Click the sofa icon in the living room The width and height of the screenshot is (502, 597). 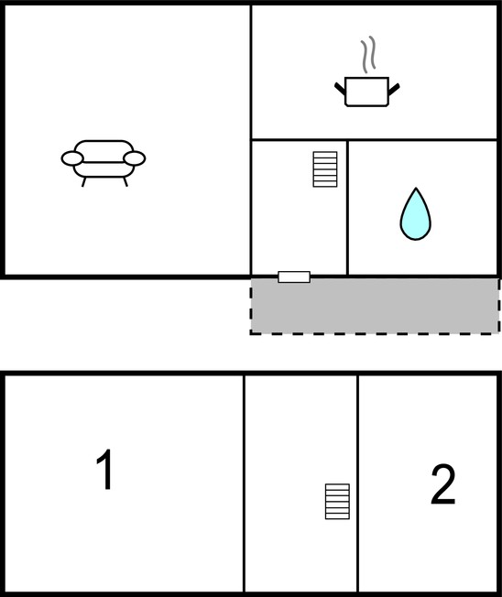104,163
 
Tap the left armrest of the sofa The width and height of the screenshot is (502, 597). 72,158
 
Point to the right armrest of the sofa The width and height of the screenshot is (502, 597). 135,158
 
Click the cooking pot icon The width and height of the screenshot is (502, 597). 366,92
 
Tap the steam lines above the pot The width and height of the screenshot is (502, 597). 368,54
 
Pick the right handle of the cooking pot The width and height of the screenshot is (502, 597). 394,90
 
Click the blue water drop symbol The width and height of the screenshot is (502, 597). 416,214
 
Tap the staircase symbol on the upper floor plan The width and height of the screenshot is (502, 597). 325,169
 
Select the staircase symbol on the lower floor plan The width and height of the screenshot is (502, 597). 337,502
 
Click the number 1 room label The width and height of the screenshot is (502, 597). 104,470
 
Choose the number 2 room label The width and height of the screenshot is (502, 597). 443,484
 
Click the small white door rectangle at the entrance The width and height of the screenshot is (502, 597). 294,277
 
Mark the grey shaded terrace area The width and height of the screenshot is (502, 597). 376,306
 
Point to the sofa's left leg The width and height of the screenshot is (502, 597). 84,181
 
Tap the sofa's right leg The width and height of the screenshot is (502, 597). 125,181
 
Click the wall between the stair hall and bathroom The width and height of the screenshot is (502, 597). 348,208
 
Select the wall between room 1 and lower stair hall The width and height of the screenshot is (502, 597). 244,483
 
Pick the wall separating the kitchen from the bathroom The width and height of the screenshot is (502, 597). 423,140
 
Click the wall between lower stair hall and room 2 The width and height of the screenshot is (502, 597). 357,483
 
